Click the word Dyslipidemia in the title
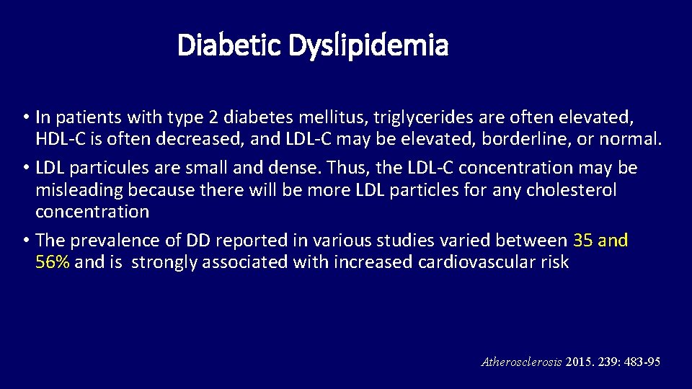pyautogui.click(x=368, y=46)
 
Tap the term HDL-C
pyautogui.click(x=60, y=139)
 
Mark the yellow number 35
pyautogui.click(x=583, y=240)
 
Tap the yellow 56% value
pyautogui.click(x=52, y=262)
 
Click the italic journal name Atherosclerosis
pyautogui.click(x=520, y=362)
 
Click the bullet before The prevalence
pyautogui.click(x=25, y=240)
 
